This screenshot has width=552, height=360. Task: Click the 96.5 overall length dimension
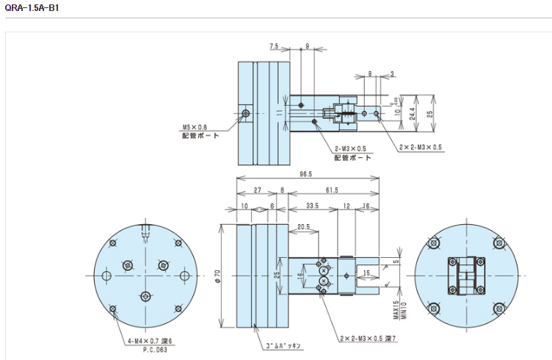tap(306, 174)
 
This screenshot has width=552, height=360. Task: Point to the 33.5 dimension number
tap(311, 206)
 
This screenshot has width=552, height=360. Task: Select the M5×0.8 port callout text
tap(193, 126)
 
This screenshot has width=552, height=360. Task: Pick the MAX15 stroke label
tap(396, 309)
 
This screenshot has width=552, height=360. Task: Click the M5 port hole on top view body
tap(246, 113)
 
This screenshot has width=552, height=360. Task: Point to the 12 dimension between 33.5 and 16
tap(346, 206)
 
